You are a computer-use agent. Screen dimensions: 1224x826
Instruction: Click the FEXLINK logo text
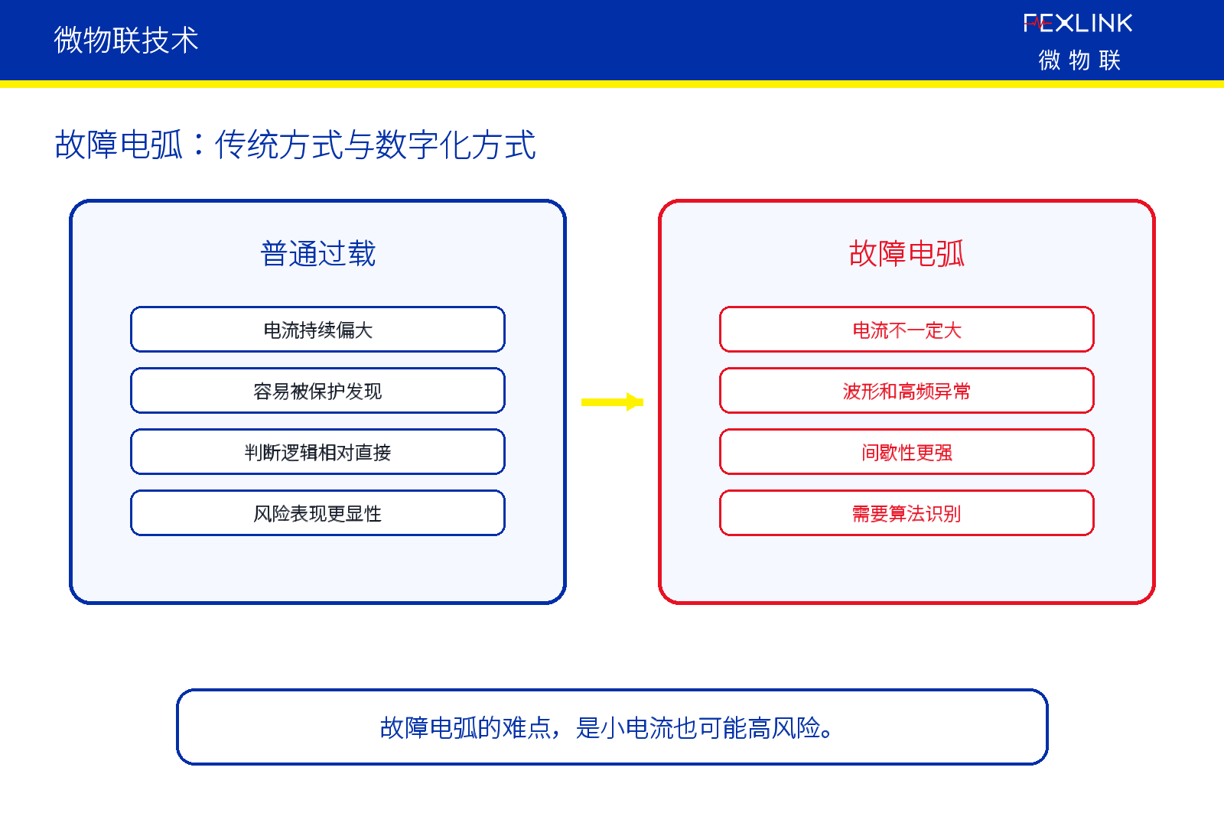(x=1078, y=23)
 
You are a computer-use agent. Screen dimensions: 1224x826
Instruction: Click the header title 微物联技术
(x=125, y=40)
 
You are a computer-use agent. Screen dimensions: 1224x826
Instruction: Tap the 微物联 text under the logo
(x=1079, y=60)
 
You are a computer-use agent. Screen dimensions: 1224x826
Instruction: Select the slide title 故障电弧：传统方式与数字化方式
(x=295, y=145)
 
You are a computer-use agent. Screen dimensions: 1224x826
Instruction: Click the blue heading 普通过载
(x=318, y=253)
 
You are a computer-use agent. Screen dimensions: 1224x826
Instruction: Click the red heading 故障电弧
(x=907, y=253)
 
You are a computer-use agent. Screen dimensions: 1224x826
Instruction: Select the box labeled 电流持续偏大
(x=317, y=330)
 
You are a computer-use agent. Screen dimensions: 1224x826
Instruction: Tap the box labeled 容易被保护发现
(x=317, y=391)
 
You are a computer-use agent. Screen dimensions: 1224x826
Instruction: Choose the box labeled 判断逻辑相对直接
(x=317, y=452)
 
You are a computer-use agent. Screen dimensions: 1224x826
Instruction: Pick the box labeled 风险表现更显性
(x=317, y=513)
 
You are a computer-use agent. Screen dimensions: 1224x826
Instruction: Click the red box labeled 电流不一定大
(x=907, y=330)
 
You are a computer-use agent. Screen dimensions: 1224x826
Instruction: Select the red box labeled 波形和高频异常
(x=907, y=391)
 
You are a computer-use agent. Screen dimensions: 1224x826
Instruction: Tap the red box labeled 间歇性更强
(x=907, y=452)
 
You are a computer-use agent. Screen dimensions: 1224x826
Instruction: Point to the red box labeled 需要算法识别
(x=907, y=513)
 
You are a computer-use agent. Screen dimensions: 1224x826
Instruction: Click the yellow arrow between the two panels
(x=612, y=402)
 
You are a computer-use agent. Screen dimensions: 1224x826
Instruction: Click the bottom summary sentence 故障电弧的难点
(x=607, y=727)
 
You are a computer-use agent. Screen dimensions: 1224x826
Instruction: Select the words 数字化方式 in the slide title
(x=455, y=145)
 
